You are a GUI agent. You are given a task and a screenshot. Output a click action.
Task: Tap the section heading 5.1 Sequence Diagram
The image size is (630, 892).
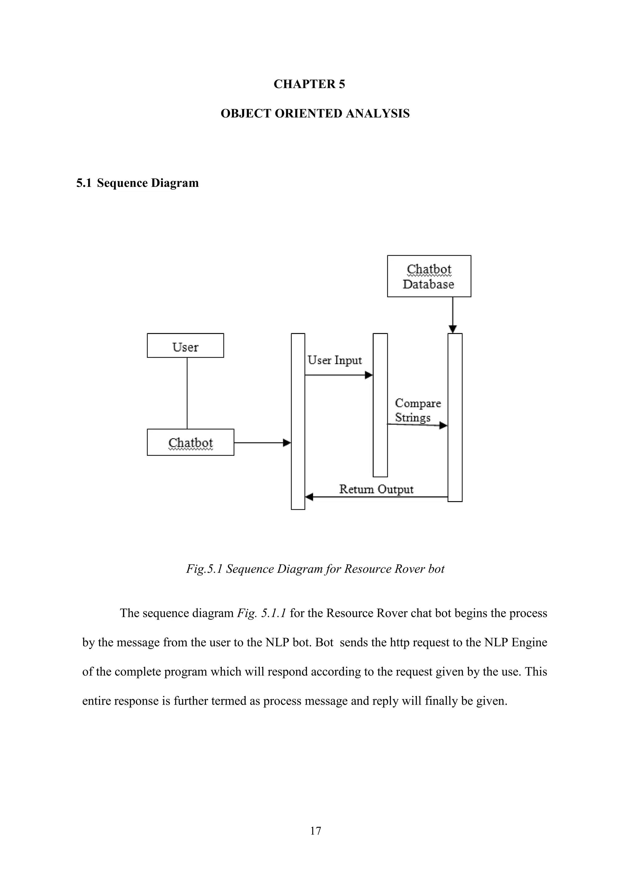[x=138, y=183]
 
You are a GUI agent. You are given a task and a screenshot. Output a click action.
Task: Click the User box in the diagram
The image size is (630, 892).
[x=185, y=345]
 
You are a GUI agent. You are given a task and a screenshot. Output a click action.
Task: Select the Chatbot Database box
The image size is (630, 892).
[x=429, y=276]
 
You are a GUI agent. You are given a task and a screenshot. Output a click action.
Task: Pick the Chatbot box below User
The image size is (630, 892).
[x=190, y=442]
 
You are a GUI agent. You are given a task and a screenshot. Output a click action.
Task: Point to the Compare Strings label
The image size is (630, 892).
[x=417, y=410]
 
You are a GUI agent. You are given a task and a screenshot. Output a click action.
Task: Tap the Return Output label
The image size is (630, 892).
[x=376, y=489]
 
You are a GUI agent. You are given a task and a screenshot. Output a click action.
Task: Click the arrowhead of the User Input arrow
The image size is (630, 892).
[x=369, y=375]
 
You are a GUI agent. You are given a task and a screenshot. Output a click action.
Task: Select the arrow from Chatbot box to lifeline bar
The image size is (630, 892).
[x=262, y=443]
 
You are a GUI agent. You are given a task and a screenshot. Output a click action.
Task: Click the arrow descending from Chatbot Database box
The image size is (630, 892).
[x=453, y=315]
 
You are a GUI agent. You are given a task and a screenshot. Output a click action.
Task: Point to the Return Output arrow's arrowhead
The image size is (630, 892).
[x=309, y=496]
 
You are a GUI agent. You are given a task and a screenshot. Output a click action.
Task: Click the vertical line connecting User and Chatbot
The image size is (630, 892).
[x=187, y=393]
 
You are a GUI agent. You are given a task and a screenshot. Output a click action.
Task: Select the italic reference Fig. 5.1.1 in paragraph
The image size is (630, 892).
[x=261, y=613]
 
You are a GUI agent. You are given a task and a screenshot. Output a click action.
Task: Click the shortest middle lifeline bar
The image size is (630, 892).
[x=380, y=405]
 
